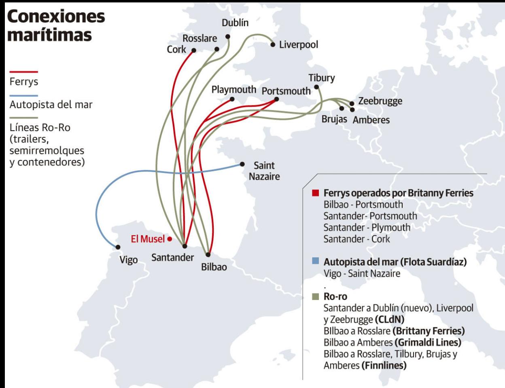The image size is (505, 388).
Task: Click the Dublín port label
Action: click(235, 23)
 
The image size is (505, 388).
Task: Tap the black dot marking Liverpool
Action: click(273, 45)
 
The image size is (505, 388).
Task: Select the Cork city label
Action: click(176, 49)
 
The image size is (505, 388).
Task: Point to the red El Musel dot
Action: click(170, 239)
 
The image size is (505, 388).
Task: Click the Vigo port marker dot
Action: click(118, 247)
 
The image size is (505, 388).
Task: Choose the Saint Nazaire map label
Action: click(264, 171)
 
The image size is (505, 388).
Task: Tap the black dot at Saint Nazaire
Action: click(242, 164)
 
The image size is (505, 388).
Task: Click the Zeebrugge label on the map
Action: click(380, 101)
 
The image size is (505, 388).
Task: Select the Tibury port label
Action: click(322, 78)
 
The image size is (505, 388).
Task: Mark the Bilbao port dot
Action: click(208, 255)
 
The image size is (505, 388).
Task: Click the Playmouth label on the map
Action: click(234, 90)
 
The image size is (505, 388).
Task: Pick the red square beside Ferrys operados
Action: click(316, 193)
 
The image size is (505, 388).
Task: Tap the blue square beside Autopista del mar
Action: click(316, 261)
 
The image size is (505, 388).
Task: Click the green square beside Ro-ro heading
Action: click(316, 296)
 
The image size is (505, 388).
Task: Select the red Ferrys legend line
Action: click(23, 72)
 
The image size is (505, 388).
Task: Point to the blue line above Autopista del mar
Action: click(23, 96)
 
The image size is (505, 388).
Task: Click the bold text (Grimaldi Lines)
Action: click(428, 342)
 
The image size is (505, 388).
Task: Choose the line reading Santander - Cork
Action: click(356, 239)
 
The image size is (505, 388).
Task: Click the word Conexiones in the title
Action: click(56, 16)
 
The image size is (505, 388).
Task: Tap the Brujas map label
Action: click(334, 119)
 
